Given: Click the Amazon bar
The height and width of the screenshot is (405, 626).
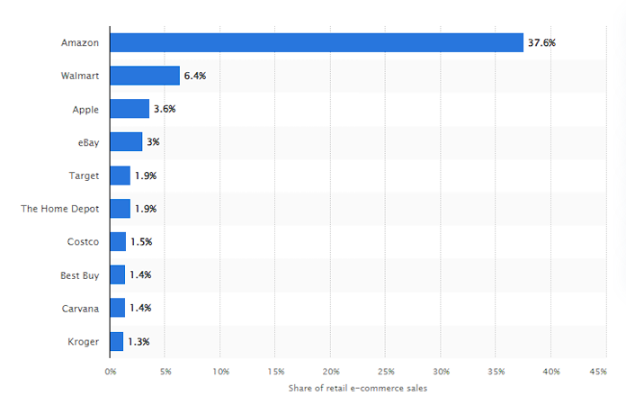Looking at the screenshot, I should pos(316,42).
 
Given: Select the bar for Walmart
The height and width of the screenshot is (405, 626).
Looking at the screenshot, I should pos(145,76).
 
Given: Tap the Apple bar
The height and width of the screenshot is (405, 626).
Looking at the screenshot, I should pos(130,109).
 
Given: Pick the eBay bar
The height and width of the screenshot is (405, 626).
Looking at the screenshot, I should pos(126,142).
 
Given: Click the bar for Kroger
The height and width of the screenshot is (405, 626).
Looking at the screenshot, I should pos(117,341).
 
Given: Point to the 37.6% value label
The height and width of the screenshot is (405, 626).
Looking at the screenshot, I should pos(542,42).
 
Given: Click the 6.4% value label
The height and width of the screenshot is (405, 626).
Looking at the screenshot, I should pos(195,76).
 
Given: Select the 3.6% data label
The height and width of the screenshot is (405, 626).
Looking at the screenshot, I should pos(165,109).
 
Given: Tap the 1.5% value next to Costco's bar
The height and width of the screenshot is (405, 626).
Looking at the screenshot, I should pos(141,241).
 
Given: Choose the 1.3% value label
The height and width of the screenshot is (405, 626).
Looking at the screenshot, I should pos(139,341).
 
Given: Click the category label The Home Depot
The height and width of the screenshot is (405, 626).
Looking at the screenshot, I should pos(60,209).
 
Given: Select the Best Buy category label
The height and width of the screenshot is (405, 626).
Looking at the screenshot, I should pos(79,274).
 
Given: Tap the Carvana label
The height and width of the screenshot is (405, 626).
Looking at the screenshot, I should pos(80,308).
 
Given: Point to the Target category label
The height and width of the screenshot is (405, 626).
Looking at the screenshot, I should pos(84,175).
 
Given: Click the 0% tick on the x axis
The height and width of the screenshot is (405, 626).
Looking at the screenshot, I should pos(111,371).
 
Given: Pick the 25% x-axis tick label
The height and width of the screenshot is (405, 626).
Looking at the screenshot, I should pos(386,371).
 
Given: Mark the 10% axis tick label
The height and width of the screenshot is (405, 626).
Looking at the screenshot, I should pos(220,371).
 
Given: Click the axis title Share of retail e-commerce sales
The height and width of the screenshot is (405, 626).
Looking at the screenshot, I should pos(357,388).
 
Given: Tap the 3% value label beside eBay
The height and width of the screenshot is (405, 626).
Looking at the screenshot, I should pos(153,142).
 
